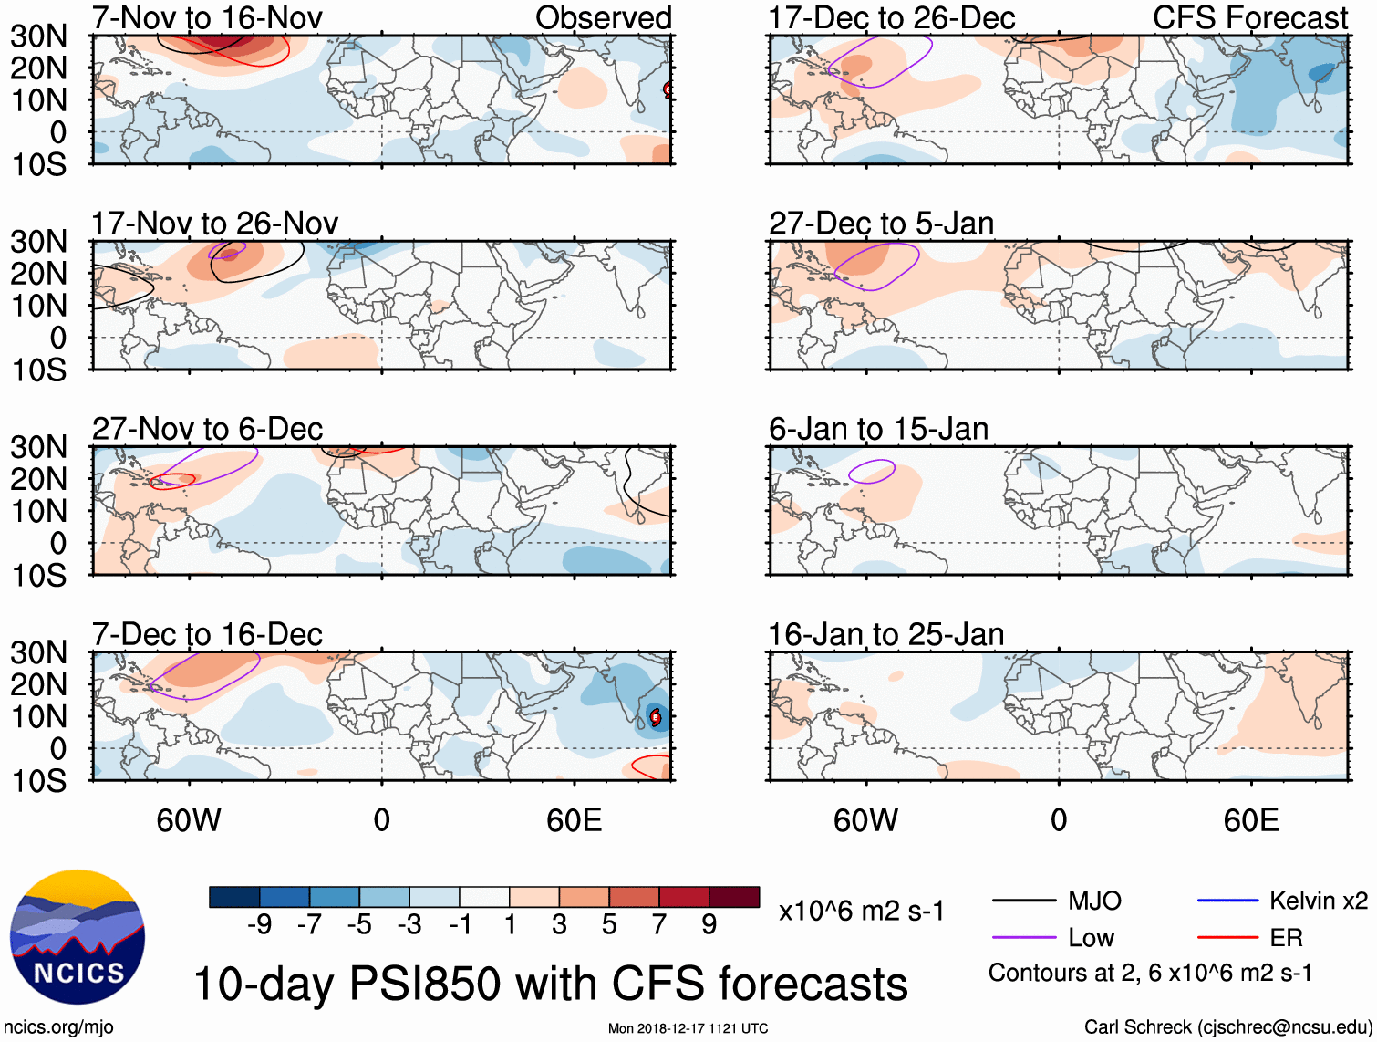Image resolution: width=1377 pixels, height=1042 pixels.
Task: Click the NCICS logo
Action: [78, 937]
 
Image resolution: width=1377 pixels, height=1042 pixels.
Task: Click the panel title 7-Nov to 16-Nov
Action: [207, 17]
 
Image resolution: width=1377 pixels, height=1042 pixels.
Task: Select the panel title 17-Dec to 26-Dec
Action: [892, 17]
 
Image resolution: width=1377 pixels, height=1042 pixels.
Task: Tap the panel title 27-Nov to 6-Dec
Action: [207, 429]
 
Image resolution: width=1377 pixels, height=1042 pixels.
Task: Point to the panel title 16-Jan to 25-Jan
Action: [885, 634]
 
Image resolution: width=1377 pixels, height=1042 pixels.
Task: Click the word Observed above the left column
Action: [604, 17]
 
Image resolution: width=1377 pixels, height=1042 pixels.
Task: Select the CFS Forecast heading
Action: [1250, 17]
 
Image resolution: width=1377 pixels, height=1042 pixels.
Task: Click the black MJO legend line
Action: [1023, 901]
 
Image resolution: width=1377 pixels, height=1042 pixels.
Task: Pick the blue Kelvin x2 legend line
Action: [1227, 901]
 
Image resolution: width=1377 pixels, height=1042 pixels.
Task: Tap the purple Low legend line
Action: [1023, 938]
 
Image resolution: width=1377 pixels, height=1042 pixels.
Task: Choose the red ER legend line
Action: [1227, 938]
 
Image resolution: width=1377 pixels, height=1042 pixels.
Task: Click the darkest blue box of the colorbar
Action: [234, 897]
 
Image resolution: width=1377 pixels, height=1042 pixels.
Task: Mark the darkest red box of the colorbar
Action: [734, 897]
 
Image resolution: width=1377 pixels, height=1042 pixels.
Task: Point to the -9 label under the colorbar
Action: [259, 925]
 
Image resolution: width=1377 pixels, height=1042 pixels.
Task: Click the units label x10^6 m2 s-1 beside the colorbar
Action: [862, 911]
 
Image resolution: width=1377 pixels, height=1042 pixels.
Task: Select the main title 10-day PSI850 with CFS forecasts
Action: [551, 984]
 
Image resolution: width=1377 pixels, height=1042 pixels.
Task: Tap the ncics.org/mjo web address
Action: [58, 1027]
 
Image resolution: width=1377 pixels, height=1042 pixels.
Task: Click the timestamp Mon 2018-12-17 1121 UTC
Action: [688, 1028]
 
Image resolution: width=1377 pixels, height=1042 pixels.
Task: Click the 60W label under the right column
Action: [865, 820]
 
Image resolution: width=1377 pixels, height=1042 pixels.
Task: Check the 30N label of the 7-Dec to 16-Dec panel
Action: [38, 652]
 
